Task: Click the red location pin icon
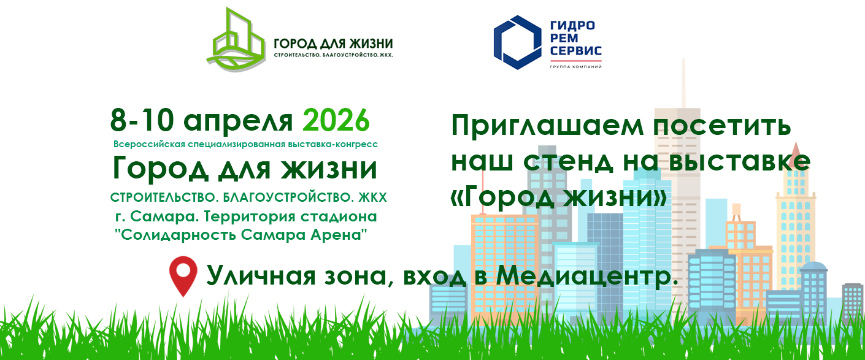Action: point(183,275)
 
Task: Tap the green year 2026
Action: point(336,120)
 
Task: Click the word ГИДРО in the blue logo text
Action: point(572,26)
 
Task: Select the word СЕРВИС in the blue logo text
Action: point(575,51)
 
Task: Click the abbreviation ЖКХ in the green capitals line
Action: point(374,198)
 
